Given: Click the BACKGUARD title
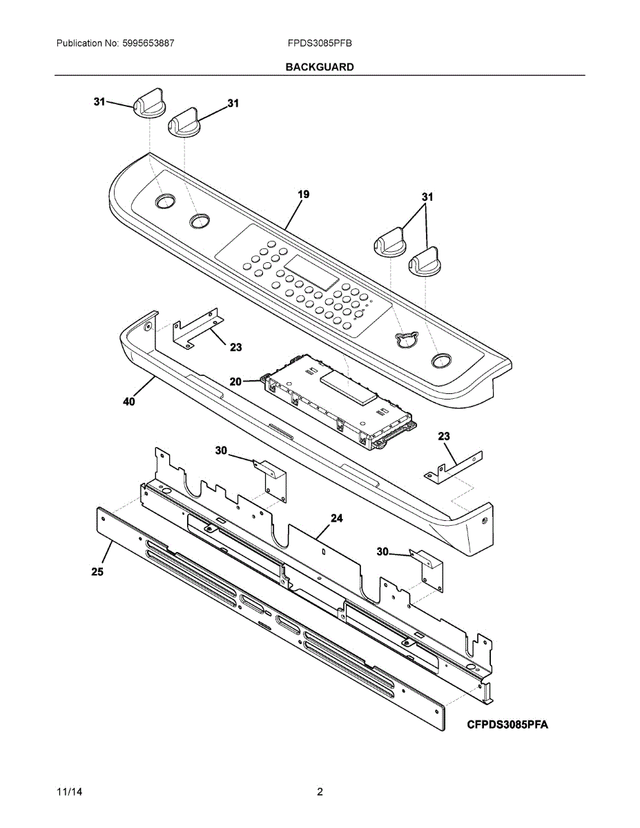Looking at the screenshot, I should pos(320,67).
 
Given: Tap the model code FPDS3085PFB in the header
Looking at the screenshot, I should pos(320,43).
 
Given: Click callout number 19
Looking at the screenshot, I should pos(303,195).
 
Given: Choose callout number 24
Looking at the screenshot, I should pos(336,517).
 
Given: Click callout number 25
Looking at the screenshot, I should pos(97,571).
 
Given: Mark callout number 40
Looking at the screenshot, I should pos(129,402).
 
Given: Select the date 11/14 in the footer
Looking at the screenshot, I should pos(67,791).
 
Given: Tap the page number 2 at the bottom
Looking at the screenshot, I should pos(320,791).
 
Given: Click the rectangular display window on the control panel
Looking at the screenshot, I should pos(312,273).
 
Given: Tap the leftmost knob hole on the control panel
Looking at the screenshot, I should pos(164,201).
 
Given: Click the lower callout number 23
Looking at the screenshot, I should pos(444,436).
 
